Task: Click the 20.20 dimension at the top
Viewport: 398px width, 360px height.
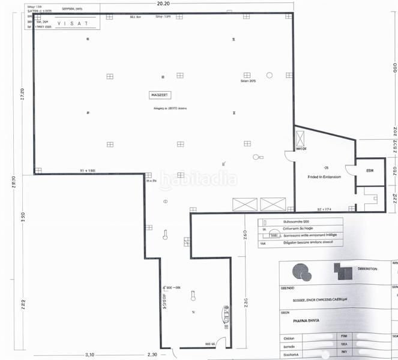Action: point(163,3)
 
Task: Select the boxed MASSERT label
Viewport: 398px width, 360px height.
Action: point(160,95)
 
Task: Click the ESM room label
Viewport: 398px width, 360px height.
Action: point(370,170)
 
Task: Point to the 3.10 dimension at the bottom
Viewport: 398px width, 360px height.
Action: point(91,355)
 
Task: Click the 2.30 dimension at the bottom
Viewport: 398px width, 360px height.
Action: point(152,355)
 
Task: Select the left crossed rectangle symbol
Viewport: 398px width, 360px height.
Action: point(244,204)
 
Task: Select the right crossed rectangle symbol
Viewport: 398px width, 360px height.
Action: point(273,204)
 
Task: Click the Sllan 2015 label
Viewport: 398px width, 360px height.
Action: point(248,80)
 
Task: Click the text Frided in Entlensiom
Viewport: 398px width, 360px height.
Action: point(324,178)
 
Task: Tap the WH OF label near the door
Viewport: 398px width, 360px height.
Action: point(301,148)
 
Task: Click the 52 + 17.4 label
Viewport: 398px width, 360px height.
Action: point(324,209)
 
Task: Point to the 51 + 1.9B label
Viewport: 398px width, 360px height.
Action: point(88,170)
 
